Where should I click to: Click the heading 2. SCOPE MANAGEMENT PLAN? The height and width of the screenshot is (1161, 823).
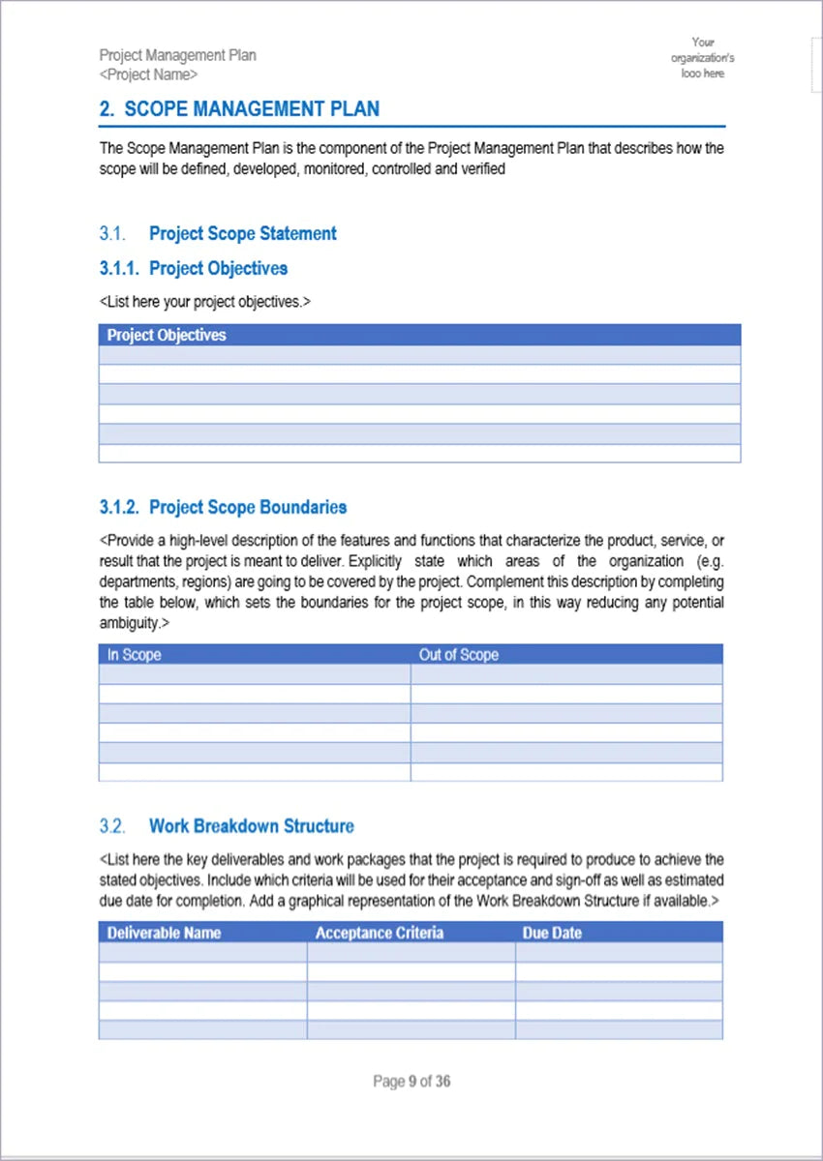[239, 109]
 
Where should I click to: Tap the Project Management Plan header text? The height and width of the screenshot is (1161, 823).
[177, 55]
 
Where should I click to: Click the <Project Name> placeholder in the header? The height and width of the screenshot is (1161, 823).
[148, 74]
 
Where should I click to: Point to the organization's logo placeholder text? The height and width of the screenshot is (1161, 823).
[703, 58]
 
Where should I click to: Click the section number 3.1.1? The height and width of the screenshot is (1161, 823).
[120, 268]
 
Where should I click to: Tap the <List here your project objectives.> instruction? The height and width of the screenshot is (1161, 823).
[204, 301]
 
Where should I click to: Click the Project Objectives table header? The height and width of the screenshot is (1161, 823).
[167, 335]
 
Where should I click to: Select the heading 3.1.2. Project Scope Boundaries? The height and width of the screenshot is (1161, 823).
[223, 507]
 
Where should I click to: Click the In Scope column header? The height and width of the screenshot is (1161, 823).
[135, 655]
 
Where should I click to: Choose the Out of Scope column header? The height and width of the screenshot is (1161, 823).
[459, 655]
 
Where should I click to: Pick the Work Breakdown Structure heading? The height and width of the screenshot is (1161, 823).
[252, 826]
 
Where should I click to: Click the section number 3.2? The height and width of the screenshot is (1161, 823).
[112, 826]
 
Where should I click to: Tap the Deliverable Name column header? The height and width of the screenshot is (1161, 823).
[164, 933]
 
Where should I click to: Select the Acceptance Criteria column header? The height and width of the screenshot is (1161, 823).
[380, 933]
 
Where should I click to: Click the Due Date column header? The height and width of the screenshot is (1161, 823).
[552, 933]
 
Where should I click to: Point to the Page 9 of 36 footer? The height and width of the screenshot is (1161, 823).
[411, 1081]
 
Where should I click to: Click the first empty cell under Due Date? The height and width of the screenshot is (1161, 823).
[619, 952]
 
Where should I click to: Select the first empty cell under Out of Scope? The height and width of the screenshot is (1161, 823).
[566, 674]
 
